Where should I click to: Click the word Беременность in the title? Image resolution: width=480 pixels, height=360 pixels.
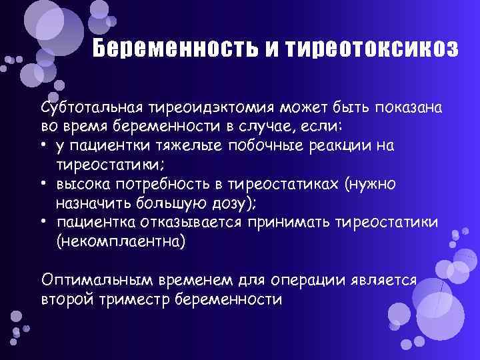[175, 48]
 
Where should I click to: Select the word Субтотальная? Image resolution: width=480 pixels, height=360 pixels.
[92, 108]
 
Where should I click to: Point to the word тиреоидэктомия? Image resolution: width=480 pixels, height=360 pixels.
[211, 108]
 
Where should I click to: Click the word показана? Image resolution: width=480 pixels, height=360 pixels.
[409, 108]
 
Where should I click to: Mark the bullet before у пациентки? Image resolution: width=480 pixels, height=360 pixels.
[44, 144]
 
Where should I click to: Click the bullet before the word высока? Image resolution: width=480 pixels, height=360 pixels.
[44, 183]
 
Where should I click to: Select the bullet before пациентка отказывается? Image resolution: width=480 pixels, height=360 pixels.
[44, 221]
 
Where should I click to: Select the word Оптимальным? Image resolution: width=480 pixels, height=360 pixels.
[97, 280]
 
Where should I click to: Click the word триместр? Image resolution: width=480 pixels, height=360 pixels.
[134, 299]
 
